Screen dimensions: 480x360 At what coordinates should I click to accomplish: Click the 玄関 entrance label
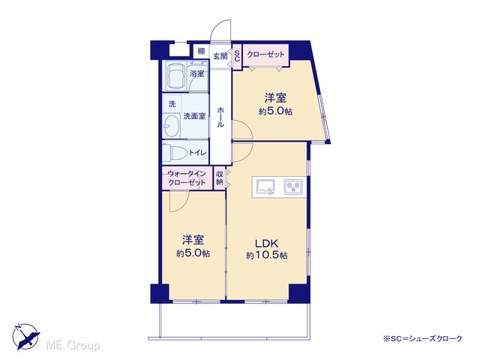[x=220, y=56]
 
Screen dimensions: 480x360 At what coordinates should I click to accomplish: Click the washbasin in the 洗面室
[x=172, y=125]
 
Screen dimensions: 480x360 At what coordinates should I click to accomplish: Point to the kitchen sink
[x=265, y=187]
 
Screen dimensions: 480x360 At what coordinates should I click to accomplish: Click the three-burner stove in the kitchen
[x=293, y=187]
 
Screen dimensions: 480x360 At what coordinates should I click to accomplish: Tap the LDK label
[x=267, y=244]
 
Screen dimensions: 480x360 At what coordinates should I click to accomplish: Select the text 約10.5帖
[x=267, y=255]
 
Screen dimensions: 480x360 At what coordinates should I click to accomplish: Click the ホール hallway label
[x=220, y=117]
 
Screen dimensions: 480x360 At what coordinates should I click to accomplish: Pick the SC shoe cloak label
[x=237, y=55]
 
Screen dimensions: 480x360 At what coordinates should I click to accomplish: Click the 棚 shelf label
[x=201, y=51]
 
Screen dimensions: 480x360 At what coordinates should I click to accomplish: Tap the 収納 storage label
[x=219, y=178]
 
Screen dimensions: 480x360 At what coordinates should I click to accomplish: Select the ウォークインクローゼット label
[x=187, y=178]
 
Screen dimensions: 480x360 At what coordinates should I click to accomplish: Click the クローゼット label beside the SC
[x=265, y=55]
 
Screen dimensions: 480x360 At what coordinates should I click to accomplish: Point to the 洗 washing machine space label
[x=172, y=104]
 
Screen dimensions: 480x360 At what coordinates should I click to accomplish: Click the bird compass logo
[x=26, y=336]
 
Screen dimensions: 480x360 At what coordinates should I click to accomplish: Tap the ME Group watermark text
[x=73, y=345]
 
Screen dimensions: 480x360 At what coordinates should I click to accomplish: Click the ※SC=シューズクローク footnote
[x=422, y=338]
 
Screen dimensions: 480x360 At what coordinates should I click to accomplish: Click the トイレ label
[x=198, y=152]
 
